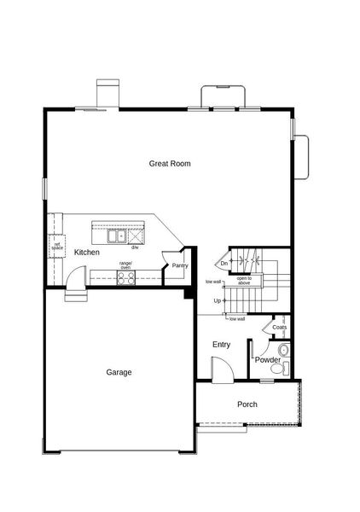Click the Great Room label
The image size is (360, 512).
pos(170,163)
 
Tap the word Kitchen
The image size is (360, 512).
pos(86,253)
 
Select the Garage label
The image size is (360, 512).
pos(119,372)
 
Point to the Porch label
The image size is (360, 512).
pos(247,404)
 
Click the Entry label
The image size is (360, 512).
pos(222,345)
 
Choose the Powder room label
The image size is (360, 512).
pos(267,360)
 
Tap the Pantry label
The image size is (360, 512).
pos(179,266)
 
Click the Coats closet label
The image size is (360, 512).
pos(279,328)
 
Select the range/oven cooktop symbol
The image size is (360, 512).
pos(125,276)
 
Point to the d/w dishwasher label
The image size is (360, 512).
pos(135,247)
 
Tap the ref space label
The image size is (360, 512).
pos(57,247)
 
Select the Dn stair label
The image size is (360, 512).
pos(224,264)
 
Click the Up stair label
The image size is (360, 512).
pos(218,300)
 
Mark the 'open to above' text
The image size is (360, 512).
pos(243,281)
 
